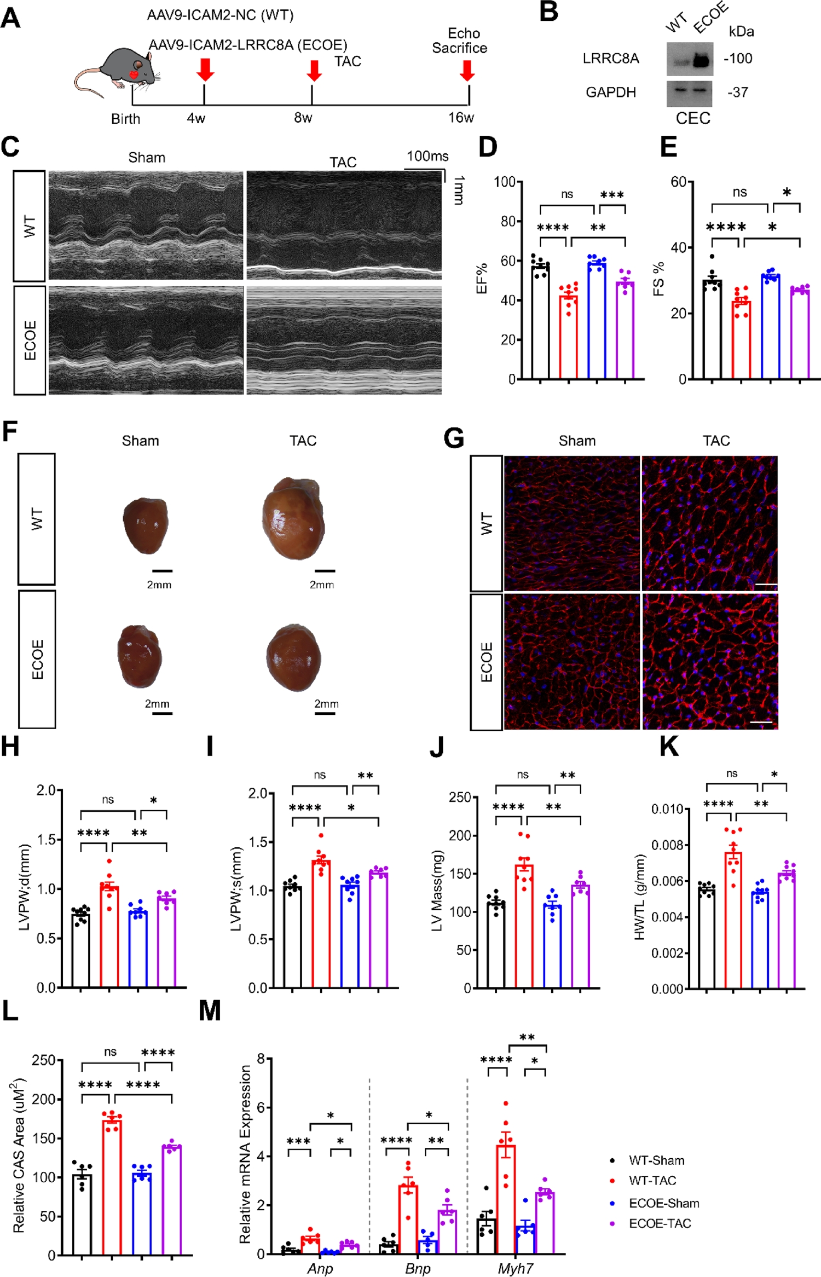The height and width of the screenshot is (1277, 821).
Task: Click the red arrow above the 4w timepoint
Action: tap(205, 70)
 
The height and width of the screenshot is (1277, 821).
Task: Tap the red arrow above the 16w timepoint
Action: tap(467, 70)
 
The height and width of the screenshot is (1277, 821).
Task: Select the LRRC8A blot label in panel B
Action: tap(610, 59)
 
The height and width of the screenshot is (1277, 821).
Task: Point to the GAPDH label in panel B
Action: tap(611, 93)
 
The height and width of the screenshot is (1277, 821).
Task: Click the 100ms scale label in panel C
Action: tap(427, 157)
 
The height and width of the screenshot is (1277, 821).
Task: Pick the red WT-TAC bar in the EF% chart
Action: tap(569, 337)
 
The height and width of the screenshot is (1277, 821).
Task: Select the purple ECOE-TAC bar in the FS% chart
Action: tap(800, 334)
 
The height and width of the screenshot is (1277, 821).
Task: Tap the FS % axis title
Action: tap(659, 279)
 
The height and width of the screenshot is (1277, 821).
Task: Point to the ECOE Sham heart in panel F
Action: tap(140, 656)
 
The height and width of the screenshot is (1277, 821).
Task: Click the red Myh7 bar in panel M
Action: tap(506, 1198)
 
